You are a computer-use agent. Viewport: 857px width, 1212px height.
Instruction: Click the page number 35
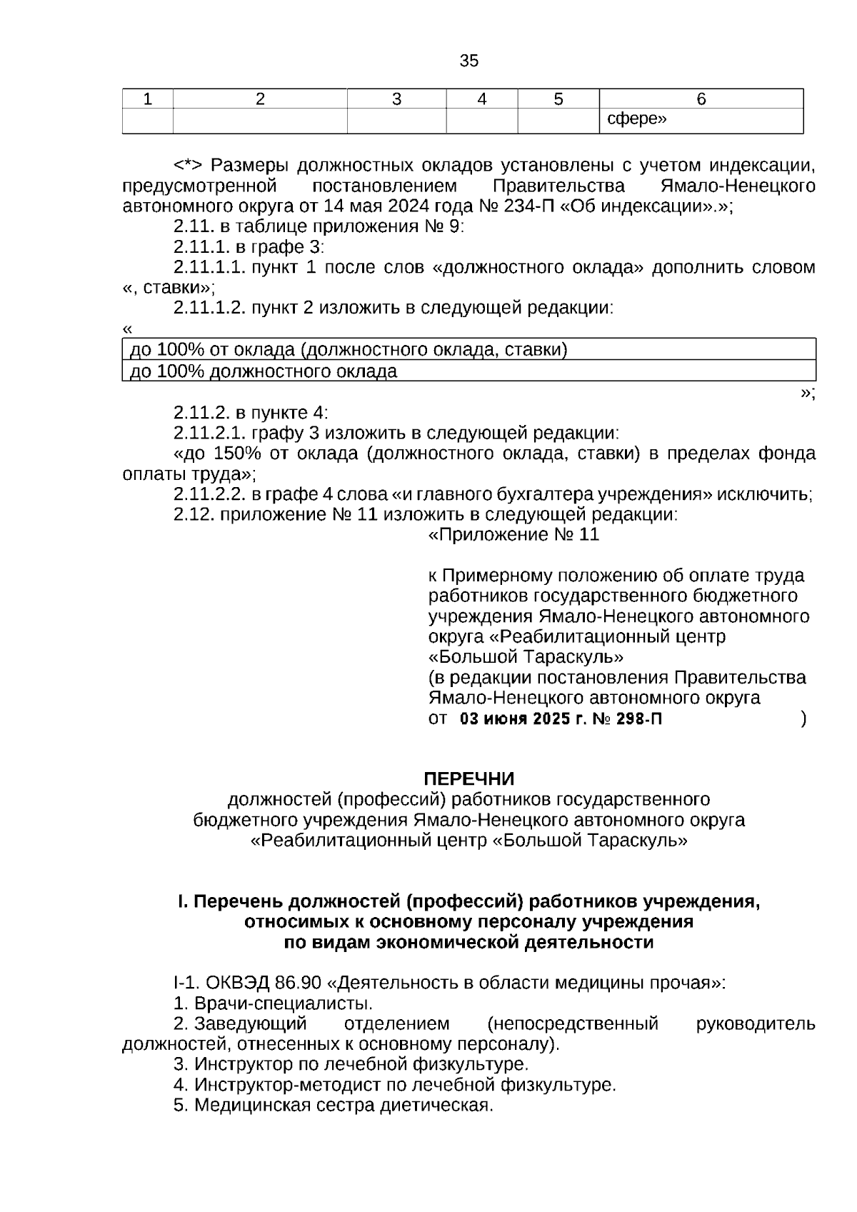468,61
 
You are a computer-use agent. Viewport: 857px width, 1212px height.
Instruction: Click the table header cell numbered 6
701,99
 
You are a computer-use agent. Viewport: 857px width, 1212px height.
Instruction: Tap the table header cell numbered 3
396,99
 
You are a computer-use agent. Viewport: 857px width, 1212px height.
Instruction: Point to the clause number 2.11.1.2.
209,309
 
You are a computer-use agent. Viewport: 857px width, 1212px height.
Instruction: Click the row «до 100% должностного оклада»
264,371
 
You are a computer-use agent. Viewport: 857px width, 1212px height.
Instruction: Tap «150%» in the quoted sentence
236,454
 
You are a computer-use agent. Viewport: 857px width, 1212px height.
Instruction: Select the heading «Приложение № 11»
513,535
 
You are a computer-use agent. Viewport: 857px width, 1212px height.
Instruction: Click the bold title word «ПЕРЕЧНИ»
468,778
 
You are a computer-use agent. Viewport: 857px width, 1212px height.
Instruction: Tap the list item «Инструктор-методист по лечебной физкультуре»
404,1085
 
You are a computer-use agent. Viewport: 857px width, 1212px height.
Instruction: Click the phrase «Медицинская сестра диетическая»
343,1106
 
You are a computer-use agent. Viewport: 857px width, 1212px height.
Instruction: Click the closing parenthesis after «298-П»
804,719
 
